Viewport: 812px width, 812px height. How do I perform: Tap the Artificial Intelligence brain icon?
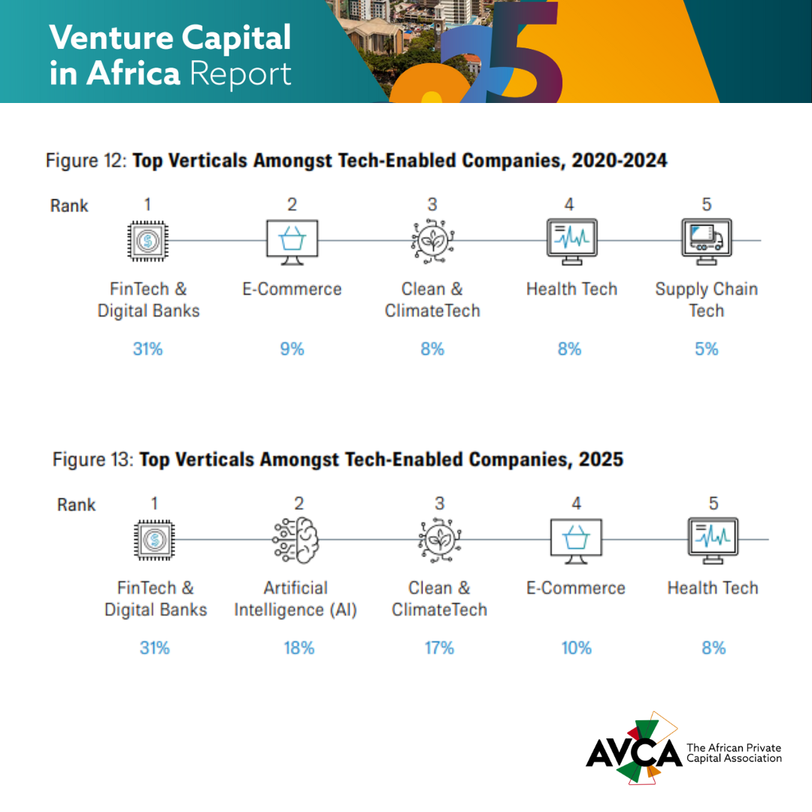tap(296, 540)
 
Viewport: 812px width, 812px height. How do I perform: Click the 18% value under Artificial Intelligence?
tap(298, 648)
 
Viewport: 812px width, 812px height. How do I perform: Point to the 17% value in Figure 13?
tap(439, 648)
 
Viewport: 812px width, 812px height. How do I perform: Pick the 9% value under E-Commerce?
tap(292, 349)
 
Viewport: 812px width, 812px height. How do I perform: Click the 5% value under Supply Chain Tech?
tap(706, 349)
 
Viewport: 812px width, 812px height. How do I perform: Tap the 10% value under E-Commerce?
tap(577, 648)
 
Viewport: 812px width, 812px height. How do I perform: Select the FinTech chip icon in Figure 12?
tap(148, 241)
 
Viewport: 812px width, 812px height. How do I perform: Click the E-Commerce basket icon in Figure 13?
tap(576, 541)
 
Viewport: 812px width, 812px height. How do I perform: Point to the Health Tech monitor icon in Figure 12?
tap(571, 241)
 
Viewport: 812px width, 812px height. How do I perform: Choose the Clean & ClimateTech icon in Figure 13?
tap(440, 540)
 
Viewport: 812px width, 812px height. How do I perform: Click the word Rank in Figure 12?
tap(69, 205)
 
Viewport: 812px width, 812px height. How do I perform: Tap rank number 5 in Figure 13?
tap(714, 503)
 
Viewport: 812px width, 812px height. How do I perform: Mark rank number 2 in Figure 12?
tap(292, 205)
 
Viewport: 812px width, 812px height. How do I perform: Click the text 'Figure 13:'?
tap(93, 459)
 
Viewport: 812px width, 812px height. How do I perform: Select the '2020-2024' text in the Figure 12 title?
tap(620, 161)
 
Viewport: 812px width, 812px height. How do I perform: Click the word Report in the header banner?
tap(241, 74)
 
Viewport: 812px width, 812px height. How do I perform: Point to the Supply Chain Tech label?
tap(706, 299)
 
